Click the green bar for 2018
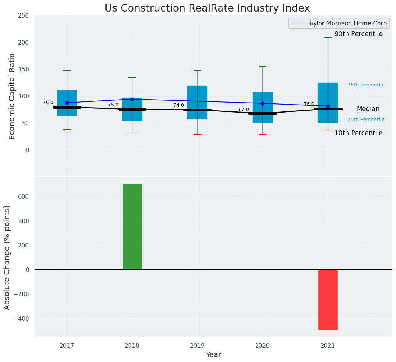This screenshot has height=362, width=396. coord(132,227)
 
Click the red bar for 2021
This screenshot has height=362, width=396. coord(327,300)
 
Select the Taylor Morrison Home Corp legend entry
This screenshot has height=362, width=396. coord(346,23)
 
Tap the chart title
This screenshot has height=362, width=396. coord(207,8)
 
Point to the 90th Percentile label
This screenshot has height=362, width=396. coord(358,34)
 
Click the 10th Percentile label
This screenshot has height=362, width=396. coord(358,133)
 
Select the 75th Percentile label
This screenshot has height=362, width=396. coord(366,85)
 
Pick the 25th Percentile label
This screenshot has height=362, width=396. coord(366,120)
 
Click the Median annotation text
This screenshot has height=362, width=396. coord(368,109)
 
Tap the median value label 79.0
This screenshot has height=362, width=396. coord(48,103)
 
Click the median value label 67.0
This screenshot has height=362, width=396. coord(244,110)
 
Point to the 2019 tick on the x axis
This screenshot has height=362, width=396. coord(197,346)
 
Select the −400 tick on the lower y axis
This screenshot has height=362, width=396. coord(22,319)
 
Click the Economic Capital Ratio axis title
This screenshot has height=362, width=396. coord(12,96)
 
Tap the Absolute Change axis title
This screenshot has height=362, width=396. coord(7,257)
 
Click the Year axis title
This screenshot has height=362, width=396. coord(213,355)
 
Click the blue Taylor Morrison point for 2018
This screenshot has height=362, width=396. coord(132,99)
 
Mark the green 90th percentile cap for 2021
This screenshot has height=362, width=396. coord(327,37)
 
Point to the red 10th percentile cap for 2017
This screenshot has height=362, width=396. coord(67,130)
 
